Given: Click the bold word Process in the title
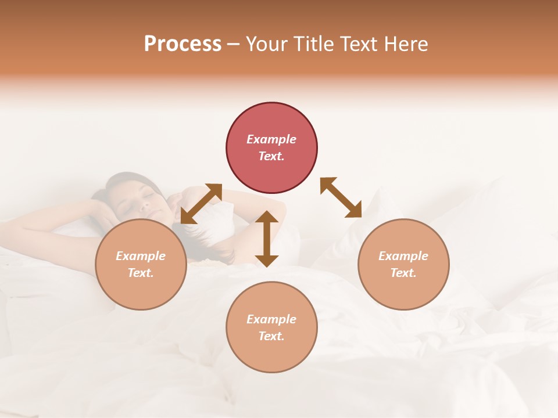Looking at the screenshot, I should (183, 44).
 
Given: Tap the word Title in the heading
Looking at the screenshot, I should (313, 44).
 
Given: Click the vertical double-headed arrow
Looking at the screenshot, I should (267, 239).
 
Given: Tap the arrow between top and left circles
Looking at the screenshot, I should (201, 204).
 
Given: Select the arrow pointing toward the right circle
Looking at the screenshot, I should (341, 198).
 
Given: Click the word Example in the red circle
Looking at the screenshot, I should (271, 139).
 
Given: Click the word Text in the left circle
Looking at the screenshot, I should (140, 273).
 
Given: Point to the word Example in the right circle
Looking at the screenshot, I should (403, 256).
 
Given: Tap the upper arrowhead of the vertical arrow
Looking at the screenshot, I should (267, 218).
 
